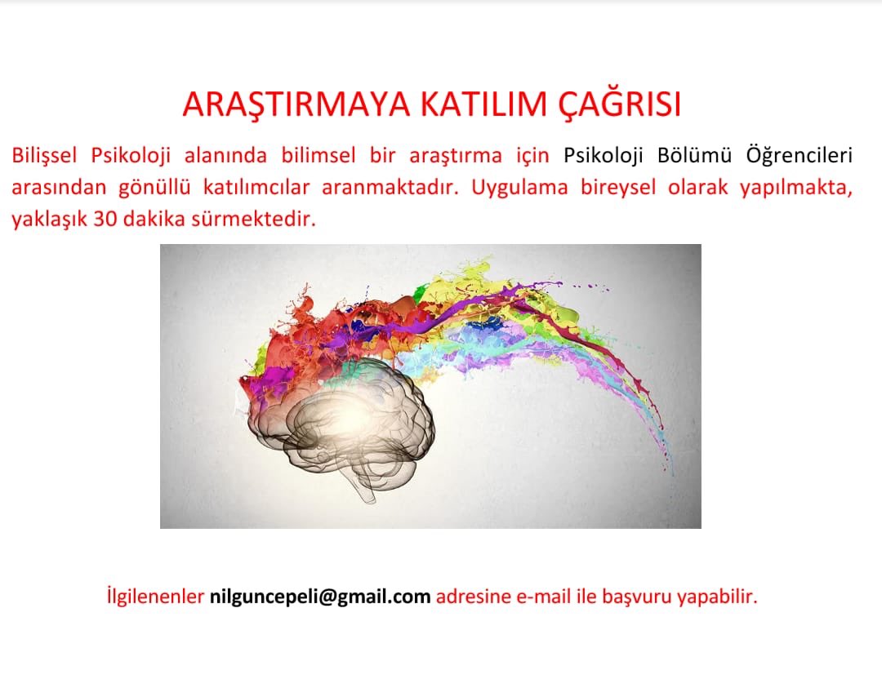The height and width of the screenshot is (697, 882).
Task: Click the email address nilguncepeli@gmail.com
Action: (320, 597)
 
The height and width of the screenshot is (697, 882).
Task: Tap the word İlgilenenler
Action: (155, 597)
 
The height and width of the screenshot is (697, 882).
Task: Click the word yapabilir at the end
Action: (720, 597)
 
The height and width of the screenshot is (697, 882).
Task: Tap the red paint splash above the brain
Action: (327, 326)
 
